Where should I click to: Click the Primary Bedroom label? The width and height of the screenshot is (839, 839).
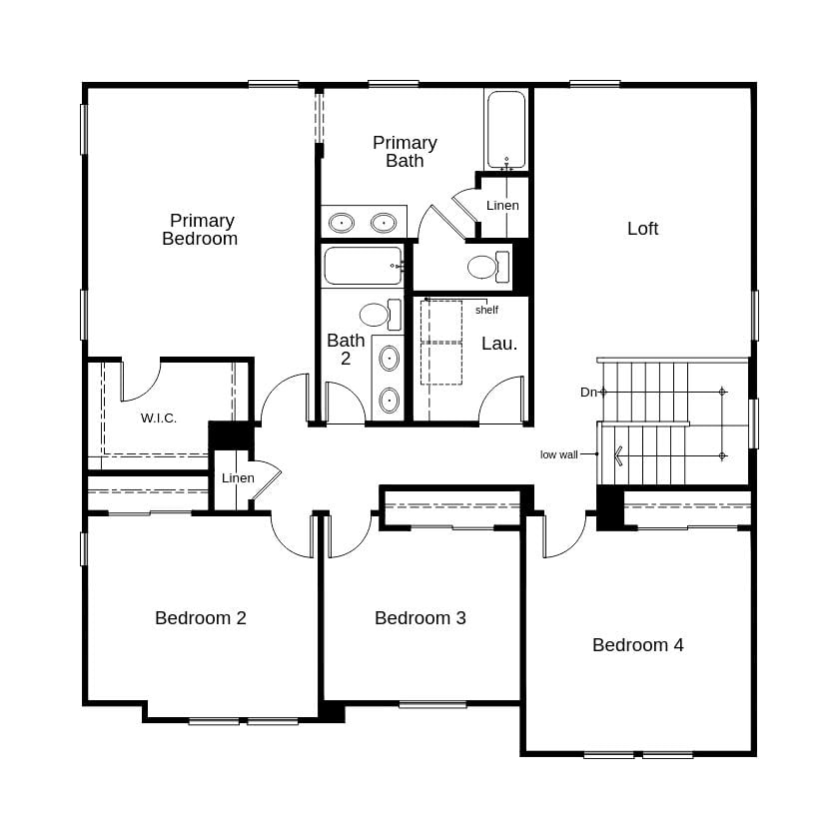[200, 230]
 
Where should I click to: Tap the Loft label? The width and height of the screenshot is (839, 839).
[642, 229]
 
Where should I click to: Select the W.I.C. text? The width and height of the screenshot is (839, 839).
[159, 419]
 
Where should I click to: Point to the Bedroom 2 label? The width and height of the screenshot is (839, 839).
[201, 618]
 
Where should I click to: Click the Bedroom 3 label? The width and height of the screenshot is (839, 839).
[420, 618]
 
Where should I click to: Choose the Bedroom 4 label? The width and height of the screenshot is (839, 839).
[638, 645]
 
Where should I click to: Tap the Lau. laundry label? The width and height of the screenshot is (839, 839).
[499, 344]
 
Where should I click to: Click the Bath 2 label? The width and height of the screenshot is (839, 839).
[346, 349]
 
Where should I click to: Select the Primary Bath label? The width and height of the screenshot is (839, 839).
[405, 152]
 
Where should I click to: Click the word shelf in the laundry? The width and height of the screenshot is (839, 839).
[486, 310]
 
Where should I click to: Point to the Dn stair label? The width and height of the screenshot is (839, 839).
[588, 393]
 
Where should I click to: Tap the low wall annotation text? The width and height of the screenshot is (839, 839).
[559, 454]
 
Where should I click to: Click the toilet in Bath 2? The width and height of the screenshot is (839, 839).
[377, 315]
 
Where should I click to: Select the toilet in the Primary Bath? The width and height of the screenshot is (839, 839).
[485, 267]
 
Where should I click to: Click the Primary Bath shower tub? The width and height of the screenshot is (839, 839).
[506, 131]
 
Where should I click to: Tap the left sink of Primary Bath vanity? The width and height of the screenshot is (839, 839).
[343, 222]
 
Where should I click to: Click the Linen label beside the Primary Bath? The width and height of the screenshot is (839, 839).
[502, 206]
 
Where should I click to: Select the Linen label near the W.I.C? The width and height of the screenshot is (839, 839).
[238, 478]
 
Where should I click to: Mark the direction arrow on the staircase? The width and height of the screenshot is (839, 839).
[621, 456]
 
